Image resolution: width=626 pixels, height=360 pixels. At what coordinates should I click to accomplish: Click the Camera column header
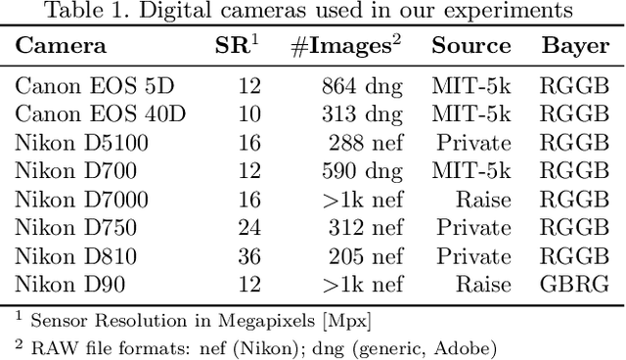tap(61, 46)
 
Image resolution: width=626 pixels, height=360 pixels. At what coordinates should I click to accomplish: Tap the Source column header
tap(471, 46)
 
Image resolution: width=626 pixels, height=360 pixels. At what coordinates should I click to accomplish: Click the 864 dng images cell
tap(362, 85)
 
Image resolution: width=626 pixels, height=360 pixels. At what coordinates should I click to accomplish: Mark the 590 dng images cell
tap(362, 171)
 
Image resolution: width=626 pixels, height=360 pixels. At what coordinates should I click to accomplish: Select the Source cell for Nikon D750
tap(474, 228)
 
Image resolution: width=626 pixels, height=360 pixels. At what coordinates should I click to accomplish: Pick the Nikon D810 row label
tap(76, 256)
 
